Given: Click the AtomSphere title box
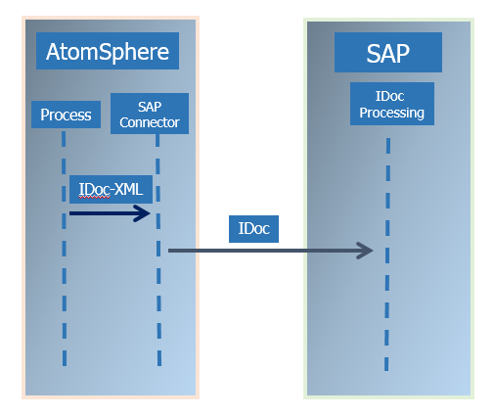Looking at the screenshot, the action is point(108,51).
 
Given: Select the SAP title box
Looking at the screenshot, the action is point(388,52).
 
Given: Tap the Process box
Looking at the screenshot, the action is point(66,115).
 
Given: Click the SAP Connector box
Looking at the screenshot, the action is point(150,114).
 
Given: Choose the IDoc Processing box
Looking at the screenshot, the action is point(392,104).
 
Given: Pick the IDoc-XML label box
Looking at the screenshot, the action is point(111,189).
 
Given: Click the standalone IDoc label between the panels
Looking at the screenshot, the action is point(253,229).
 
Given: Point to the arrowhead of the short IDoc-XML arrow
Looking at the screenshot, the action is point(150,213).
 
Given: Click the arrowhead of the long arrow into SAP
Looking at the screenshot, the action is point(373,251).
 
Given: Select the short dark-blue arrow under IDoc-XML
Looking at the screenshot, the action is point(110,213).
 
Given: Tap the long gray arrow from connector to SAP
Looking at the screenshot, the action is point(271,251).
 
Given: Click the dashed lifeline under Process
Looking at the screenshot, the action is point(64,249).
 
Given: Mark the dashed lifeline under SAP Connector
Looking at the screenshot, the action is point(158,250).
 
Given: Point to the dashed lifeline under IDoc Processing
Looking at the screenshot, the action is point(387,255).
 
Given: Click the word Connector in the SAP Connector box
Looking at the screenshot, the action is point(150,122).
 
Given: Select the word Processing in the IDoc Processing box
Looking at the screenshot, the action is point(391,114).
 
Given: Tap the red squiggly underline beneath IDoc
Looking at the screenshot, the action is point(95,197).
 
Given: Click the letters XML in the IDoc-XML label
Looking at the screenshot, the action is point(129,189).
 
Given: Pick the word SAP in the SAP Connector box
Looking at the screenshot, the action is point(150,107).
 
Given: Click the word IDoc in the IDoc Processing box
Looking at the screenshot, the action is point(390,96).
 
